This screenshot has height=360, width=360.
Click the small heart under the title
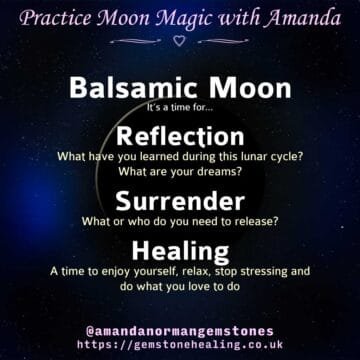point(180,41)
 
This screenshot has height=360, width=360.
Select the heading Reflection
point(180,136)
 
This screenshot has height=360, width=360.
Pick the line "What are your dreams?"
point(180,172)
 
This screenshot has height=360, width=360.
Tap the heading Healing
point(180,249)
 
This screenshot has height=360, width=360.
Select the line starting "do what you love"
point(180,287)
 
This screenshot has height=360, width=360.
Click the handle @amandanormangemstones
point(180,326)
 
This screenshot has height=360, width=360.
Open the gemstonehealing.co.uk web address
point(180,343)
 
